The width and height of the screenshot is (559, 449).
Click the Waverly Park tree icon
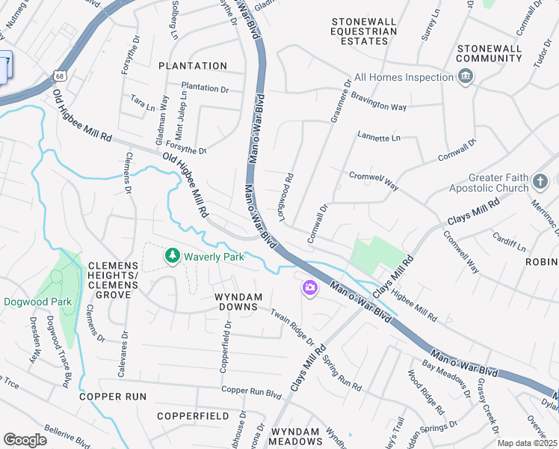[173, 257]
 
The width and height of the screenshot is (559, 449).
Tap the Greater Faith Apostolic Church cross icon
[540, 181]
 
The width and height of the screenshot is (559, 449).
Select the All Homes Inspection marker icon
[466, 77]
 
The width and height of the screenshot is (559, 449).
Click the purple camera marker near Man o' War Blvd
[309, 287]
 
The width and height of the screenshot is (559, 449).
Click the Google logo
[25, 440]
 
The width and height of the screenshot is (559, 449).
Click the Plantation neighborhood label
[193, 66]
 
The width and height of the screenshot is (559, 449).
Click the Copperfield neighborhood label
[193, 415]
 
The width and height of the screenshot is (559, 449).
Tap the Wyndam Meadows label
[295, 438]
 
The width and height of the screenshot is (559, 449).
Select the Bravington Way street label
[379, 106]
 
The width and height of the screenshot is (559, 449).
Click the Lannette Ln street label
[379, 138]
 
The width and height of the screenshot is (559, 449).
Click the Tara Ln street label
[142, 101]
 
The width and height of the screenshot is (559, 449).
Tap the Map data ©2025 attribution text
[527, 443]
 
